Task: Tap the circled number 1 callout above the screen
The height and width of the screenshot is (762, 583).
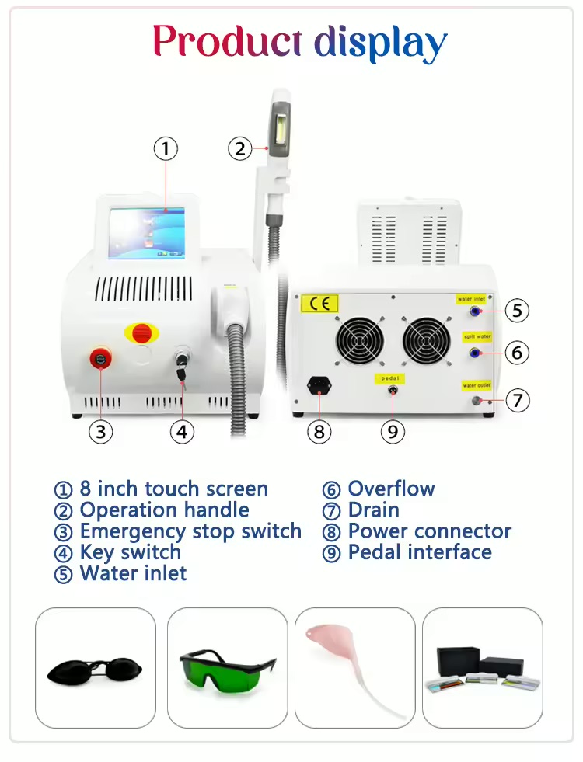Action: [x=166, y=148]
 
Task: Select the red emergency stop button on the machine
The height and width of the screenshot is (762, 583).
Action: [x=100, y=359]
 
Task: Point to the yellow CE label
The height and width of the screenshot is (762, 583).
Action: [x=319, y=304]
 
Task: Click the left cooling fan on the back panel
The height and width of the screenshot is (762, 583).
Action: [x=360, y=340]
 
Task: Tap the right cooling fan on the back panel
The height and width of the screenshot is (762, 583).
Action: [x=426, y=340]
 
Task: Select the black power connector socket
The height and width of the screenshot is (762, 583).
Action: [x=319, y=387]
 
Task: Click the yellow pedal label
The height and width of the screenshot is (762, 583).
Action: [x=390, y=378]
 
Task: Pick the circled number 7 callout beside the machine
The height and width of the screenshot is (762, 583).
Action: [x=518, y=401]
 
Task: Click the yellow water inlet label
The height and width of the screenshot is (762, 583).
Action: [x=471, y=299]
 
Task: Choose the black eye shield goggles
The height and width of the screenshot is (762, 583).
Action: [x=95, y=671]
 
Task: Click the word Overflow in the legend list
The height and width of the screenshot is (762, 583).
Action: [x=392, y=489]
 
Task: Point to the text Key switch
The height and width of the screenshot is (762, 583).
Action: [x=131, y=553]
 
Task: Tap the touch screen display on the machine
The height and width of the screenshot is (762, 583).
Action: [x=147, y=233]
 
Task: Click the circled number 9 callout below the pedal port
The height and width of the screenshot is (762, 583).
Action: [x=393, y=431]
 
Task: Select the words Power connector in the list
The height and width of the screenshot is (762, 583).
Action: [x=430, y=531]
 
